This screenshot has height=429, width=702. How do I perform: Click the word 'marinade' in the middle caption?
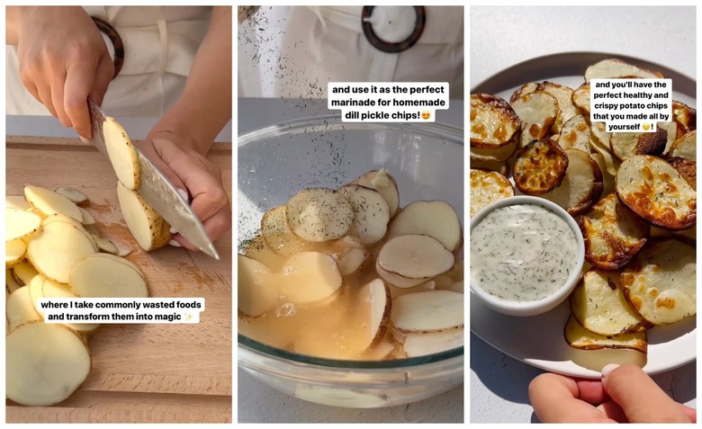pos(356,103)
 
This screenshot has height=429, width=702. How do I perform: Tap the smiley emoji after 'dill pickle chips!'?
pos(426,115)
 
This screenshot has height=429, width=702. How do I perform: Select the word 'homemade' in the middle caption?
pos(415,103)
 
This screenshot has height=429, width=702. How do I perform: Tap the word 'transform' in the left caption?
pos(95,317)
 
